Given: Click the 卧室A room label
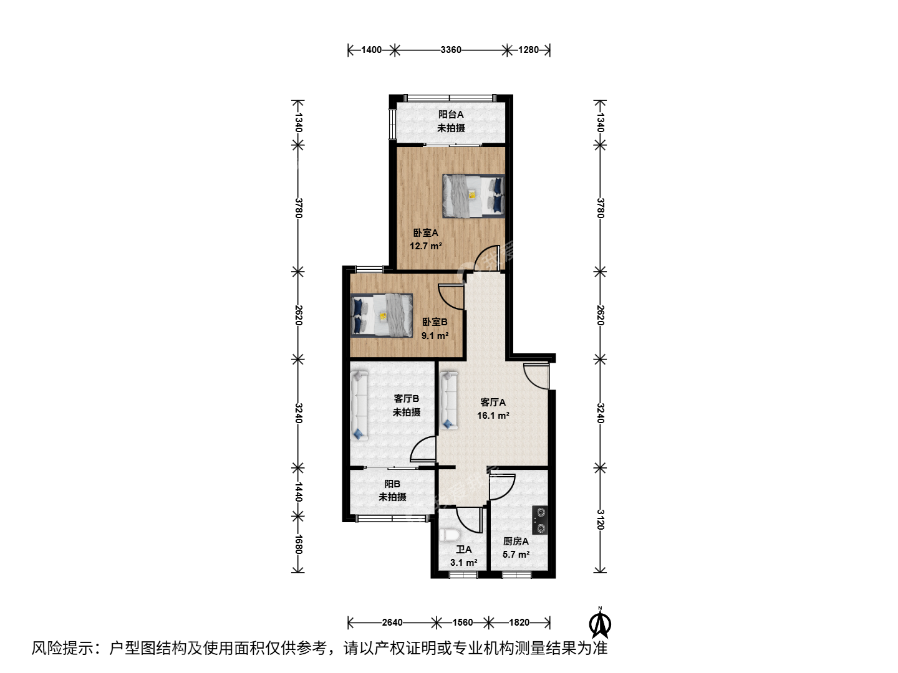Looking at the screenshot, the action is click(425, 233).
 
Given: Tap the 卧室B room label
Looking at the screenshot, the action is click(435, 322).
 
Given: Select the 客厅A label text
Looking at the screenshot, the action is click(493, 403).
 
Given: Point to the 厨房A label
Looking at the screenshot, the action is click(516, 542).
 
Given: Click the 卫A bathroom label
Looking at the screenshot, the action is click(464, 550).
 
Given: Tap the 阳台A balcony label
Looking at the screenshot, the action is click(451, 115).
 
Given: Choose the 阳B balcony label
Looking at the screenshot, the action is click(392, 484).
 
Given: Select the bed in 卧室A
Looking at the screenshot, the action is click(474, 195).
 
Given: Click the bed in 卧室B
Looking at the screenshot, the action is click(381, 315).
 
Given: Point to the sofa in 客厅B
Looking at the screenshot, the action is click(359, 405).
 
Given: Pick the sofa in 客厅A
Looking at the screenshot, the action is click(449, 401).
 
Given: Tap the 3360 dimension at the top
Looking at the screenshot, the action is click(451, 50).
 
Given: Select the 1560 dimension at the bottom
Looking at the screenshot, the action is click(463, 623).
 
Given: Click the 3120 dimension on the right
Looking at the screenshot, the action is click(600, 519).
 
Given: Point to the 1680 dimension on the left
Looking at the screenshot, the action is click(298, 544).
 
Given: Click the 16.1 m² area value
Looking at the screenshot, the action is click(493, 416).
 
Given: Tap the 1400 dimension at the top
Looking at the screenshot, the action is click(372, 50).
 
